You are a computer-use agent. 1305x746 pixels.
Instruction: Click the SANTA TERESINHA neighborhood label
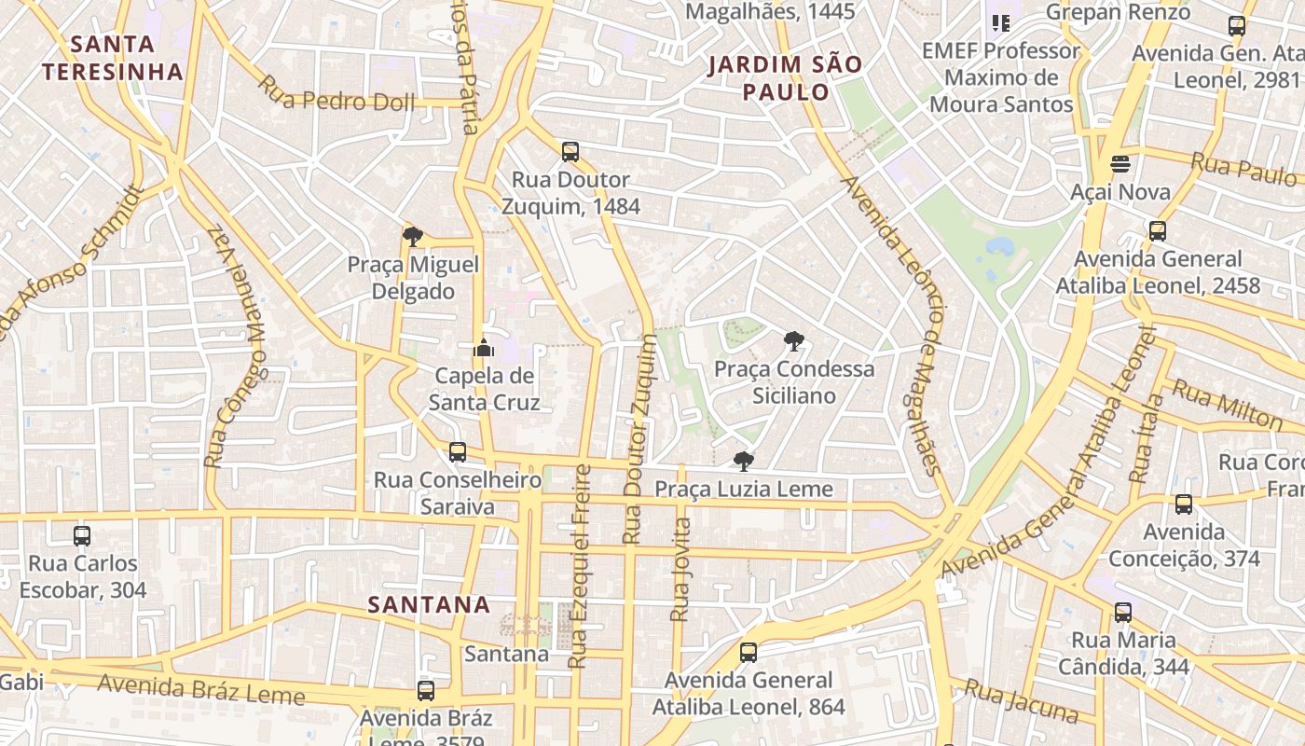coord(112,58)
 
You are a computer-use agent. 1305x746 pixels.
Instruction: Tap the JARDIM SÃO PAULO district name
coord(784,78)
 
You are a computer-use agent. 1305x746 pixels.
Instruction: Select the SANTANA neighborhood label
coord(429,604)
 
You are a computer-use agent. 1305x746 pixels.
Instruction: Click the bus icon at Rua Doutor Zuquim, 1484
coord(570,151)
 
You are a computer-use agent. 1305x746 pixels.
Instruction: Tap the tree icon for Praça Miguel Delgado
coord(412,237)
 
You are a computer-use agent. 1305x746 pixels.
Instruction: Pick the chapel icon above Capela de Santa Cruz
coord(483,349)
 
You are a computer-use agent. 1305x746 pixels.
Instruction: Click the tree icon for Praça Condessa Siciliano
coord(794,341)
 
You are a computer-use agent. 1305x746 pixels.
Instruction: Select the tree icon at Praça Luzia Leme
coord(743,462)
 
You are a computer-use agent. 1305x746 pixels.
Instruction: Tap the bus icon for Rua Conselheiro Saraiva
coord(457,452)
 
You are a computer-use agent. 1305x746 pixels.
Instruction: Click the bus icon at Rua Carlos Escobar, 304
coord(82,536)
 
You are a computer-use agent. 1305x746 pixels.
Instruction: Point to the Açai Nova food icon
coord(1120,164)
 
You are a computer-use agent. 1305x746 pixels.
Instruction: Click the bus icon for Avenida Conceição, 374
coord(1184,504)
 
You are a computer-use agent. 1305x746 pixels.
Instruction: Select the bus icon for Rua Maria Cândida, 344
coord(1123,613)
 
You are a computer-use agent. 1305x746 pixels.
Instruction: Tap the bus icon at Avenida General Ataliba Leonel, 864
coord(749,653)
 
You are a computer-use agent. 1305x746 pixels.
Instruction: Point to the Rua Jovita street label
coord(680,569)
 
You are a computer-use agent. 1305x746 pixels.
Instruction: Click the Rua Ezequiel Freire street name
coord(580,566)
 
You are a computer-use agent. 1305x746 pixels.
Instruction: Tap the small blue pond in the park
coord(999,247)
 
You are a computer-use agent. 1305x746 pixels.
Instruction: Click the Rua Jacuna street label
coord(1021,701)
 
